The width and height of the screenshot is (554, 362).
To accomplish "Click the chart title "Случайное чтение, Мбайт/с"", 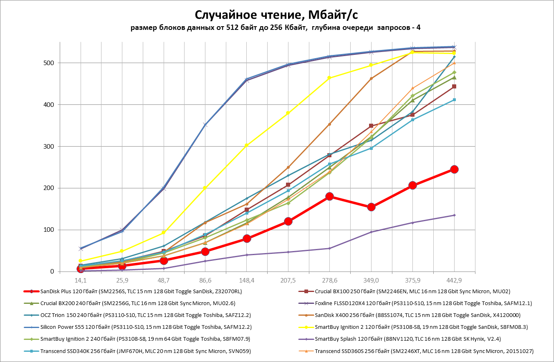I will pyautogui.click(x=277, y=15).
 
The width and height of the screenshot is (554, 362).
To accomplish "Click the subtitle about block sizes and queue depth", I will pyautogui.click(x=277, y=28).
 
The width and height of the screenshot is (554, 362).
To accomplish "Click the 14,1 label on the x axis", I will pyautogui.click(x=81, y=281).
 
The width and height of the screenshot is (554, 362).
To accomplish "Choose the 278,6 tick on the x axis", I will pyautogui.click(x=329, y=281).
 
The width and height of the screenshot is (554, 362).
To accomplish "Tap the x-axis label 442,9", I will pyautogui.click(x=454, y=281).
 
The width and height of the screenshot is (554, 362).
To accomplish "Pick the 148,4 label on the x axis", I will pyautogui.click(x=246, y=281).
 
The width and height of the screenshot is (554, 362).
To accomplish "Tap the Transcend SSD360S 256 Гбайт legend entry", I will pyautogui.click(x=424, y=351).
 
